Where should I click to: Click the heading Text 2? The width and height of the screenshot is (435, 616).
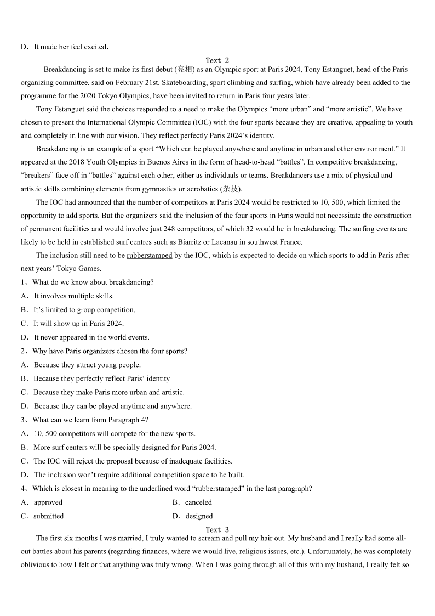pyautogui.click(x=217, y=60)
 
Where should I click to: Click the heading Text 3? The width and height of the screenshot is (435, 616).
pyautogui.click(x=217, y=529)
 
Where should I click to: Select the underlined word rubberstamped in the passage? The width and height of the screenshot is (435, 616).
pyautogui.click(x=149, y=256)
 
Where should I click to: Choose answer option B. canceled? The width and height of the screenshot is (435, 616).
pyautogui.click(x=192, y=502)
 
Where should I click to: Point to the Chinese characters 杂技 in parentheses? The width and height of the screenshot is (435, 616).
pyautogui.click(x=230, y=189)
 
